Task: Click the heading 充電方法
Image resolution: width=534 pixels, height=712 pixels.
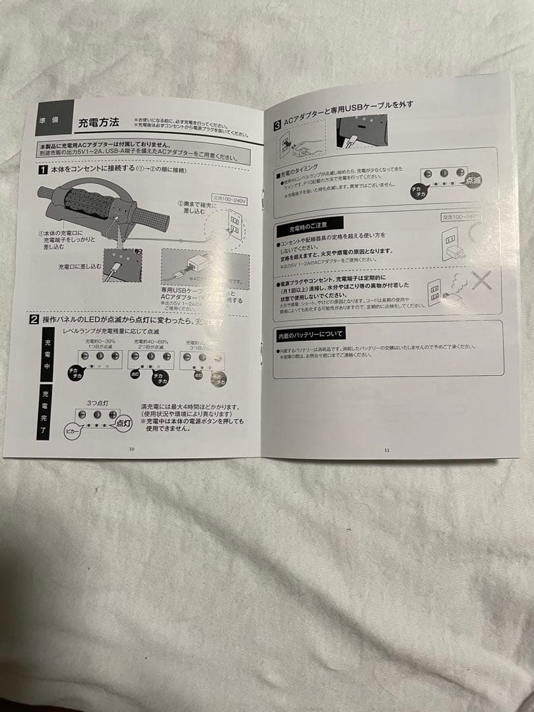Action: [98, 122]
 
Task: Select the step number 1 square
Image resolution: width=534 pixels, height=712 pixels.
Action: [42, 169]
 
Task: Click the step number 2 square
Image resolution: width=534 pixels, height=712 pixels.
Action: [34, 319]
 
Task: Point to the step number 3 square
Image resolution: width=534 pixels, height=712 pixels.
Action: [278, 123]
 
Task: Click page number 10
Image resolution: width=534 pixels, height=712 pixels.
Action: [131, 449]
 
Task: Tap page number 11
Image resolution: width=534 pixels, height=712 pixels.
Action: [387, 450]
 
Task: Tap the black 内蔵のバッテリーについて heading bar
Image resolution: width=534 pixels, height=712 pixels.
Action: [310, 336]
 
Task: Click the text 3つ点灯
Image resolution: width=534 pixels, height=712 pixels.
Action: [97, 401]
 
